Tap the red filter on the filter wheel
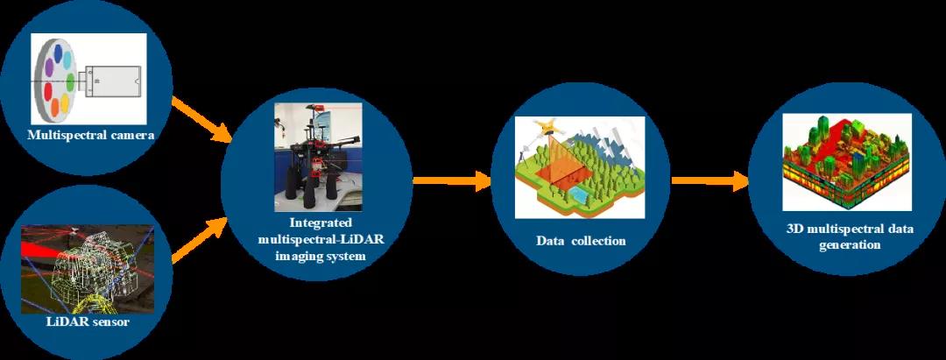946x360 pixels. tap(48, 93)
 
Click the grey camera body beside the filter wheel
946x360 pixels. tap(112, 81)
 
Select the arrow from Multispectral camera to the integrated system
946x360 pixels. tap(202, 120)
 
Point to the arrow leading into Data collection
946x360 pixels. tap(452, 180)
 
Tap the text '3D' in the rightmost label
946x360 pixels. tap(795, 229)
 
